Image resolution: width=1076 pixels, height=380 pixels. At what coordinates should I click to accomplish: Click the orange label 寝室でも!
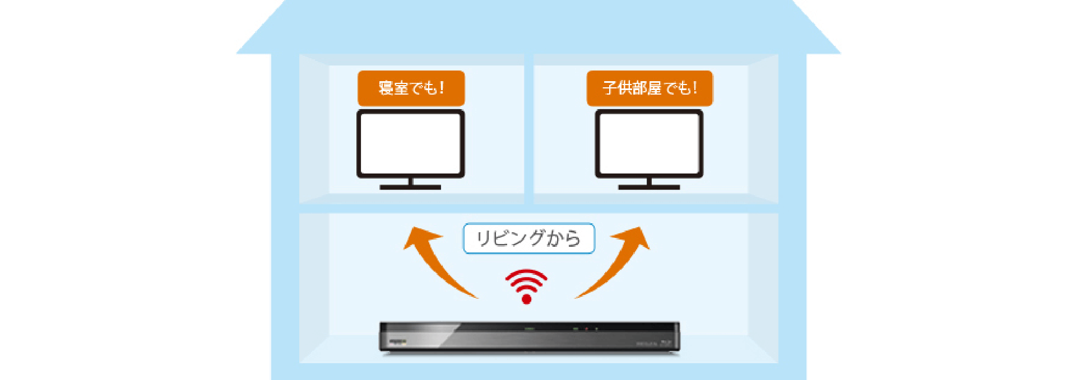click(x=411, y=88)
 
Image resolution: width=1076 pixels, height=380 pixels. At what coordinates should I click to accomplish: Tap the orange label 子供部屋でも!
click(x=650, y=88)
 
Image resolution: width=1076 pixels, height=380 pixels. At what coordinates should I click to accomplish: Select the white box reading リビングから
click(x=528, y=238)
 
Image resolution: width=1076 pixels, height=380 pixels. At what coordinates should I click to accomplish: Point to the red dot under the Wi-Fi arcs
click(x=526, y=299)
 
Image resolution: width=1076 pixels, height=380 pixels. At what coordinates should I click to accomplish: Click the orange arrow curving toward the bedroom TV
click(x=434, y=260)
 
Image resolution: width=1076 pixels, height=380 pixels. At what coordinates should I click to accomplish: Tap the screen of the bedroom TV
click(x=411, y=143)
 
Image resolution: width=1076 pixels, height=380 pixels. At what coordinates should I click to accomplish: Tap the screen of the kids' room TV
click(x=649, y=143)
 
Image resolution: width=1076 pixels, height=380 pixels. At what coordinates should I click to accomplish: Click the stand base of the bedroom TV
click(x=410, y=187)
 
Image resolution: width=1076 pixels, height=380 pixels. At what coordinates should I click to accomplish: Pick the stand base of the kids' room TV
click(x=649, y=187)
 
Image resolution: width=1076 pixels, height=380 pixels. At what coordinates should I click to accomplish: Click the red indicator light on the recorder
click(x=586, y=329)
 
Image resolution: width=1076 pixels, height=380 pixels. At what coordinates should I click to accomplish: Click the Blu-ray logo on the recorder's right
click(x=666, y=343)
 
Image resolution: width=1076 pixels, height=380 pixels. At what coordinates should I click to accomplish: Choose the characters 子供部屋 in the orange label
click(x=632, y=88)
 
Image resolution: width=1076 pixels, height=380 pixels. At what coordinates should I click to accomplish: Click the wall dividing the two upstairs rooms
click(x=528, y=129)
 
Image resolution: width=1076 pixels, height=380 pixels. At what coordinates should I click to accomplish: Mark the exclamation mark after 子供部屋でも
click(x=695, y=88)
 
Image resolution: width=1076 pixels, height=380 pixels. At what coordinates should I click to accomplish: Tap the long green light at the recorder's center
click(x=530, y=329)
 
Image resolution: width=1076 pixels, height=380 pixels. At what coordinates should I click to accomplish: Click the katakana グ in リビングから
click(x=536, y=238)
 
